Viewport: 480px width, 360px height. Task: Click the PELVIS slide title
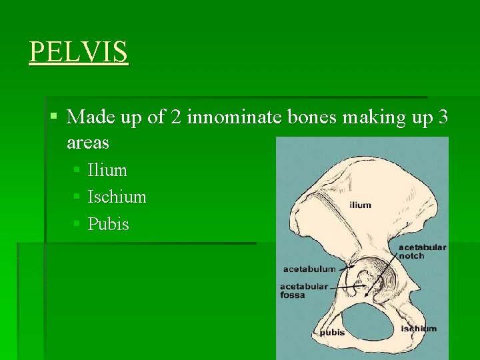coord(79,52)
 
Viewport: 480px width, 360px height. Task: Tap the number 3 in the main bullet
coord(443,117)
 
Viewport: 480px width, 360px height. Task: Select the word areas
coord(88,143)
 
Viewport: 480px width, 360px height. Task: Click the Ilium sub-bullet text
coord(107,171)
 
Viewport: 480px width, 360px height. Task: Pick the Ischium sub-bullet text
coord(117,197)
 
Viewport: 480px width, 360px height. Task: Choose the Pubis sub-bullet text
coord(109,224)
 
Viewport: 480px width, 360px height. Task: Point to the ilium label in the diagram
coord(360,205)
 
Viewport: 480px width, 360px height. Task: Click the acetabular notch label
coord(422,251)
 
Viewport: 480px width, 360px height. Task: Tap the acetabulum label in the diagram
coord(309,269)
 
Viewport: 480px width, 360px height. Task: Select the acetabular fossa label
coord(304,290)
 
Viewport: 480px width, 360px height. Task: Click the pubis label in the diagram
coord(332,332)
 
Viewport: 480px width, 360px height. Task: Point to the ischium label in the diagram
coord(419,328)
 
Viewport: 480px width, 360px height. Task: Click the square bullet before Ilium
coord(77,171)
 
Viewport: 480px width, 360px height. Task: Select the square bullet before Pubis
coord(77,225)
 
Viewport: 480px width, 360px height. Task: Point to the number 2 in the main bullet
coord(176,117)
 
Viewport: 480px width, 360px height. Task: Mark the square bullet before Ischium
coord(77,198)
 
